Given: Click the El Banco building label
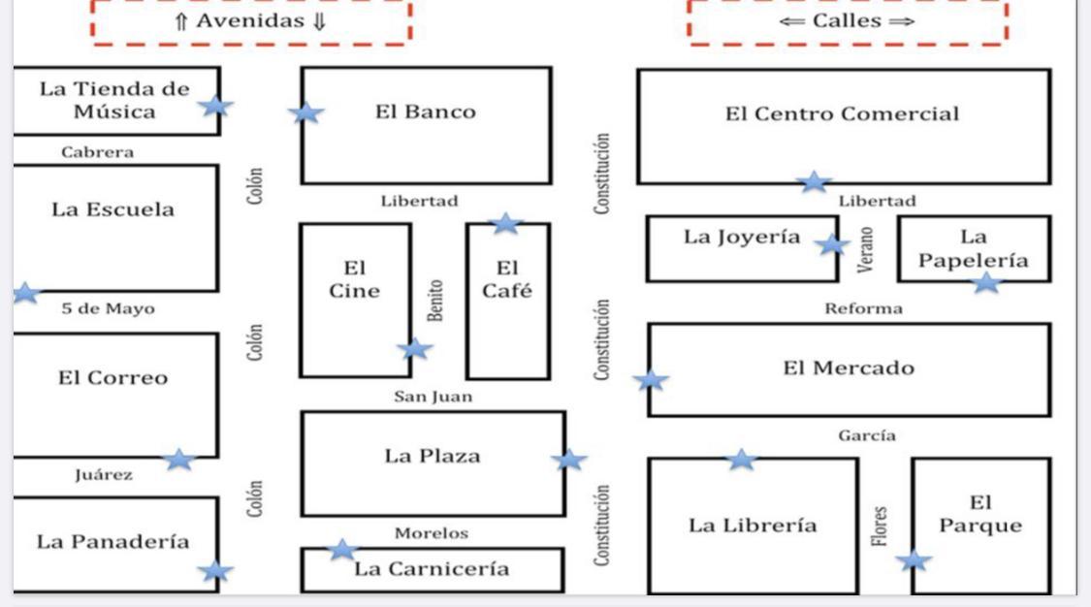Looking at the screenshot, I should click(x=426, y=112).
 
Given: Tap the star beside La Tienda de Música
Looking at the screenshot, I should click(x=215, y=106).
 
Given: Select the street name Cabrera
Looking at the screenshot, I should click(x=97, y=152).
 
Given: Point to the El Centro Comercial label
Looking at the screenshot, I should click(x=842, y=113).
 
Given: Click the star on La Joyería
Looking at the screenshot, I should click(x=831, y=244).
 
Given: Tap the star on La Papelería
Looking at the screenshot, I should click(x=986, y=282).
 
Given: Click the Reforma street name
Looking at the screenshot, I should click(x=863, y=308).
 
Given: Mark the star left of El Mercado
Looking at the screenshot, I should click(x=651, y=380).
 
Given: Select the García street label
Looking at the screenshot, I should click(x=867, y=436).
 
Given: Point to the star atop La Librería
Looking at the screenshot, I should click(x=741, y=459).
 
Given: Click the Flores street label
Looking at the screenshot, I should click(x=880, y=525).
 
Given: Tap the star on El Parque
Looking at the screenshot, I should click(x=913, y=559).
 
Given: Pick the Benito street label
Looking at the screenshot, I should click(x=436, y=301).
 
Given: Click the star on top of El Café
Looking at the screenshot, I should click(x=505, y=224).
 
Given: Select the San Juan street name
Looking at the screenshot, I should click(x=433, y=396).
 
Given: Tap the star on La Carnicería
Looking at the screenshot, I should click(x=341, y=550).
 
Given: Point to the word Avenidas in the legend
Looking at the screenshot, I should click(x=251, y=22).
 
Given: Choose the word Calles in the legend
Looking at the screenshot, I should click(x=847, y=22).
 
